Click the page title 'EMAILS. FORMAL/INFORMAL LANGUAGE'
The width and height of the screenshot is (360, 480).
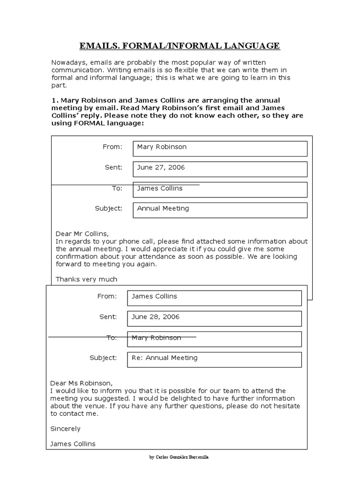[180, 45]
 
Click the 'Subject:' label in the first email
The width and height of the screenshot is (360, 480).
[108, 209]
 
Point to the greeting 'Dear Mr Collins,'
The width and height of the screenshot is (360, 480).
[82, 233]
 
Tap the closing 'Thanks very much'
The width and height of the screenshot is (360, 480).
[86, 279]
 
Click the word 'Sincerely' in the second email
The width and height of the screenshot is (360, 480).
[65, 428]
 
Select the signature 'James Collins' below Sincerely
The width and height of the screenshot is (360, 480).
[73, 444]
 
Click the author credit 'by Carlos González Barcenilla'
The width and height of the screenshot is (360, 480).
[180, 457]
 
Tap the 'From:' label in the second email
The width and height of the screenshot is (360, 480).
[107, 296]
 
